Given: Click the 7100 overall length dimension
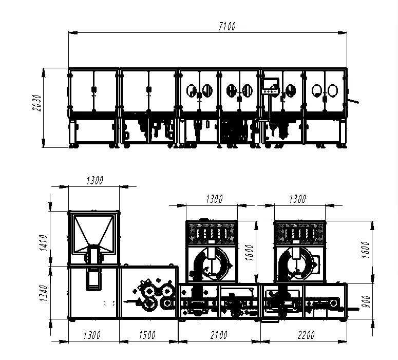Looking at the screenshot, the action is (228, 26).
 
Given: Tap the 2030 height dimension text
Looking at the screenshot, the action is (37, 103).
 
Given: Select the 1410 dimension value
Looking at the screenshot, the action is (44, 243).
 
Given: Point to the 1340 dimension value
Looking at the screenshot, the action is (44, 293).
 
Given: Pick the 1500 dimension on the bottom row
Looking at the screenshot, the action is (147, 335).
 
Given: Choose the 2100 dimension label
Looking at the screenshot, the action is (219, 335).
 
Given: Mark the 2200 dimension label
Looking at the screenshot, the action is (306, 335).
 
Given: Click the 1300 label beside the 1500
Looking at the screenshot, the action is (92, 335).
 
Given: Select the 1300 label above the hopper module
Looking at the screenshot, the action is (94, 180).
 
